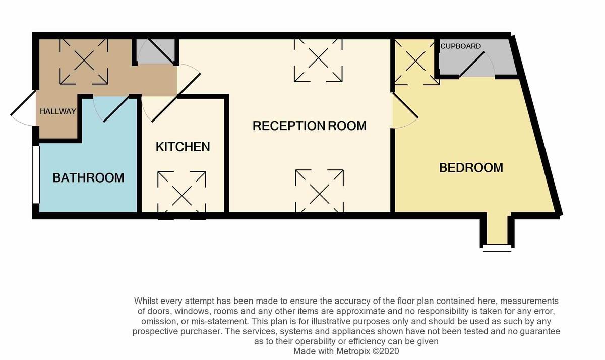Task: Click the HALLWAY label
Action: pos(57,111)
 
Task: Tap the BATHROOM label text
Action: pos(88,177)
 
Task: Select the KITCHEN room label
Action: pos(183,147)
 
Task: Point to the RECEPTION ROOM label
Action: pos(309,126)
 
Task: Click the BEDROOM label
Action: pos(471,167)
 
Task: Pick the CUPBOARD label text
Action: pos(460,46)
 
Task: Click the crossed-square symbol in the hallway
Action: pos(84,62)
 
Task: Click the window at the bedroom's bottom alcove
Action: pos(497,248)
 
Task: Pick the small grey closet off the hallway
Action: pos(156,52)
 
